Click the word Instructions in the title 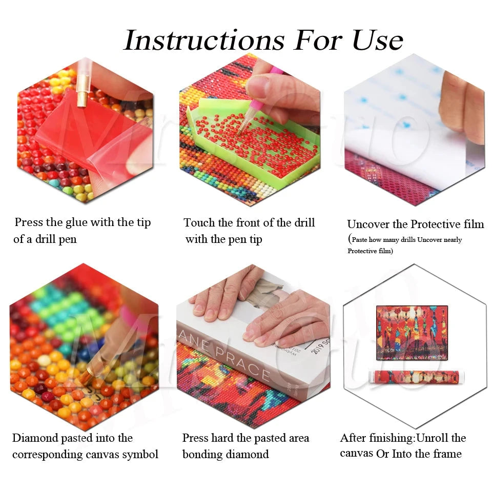pyautogui.click(x=204, y=40)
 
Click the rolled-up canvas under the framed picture pyautogui.click(x=416, y=377)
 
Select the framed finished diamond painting pyautogui.click(x=412, y=333)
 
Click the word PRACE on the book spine pyautogui.click(x=241, y=364)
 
